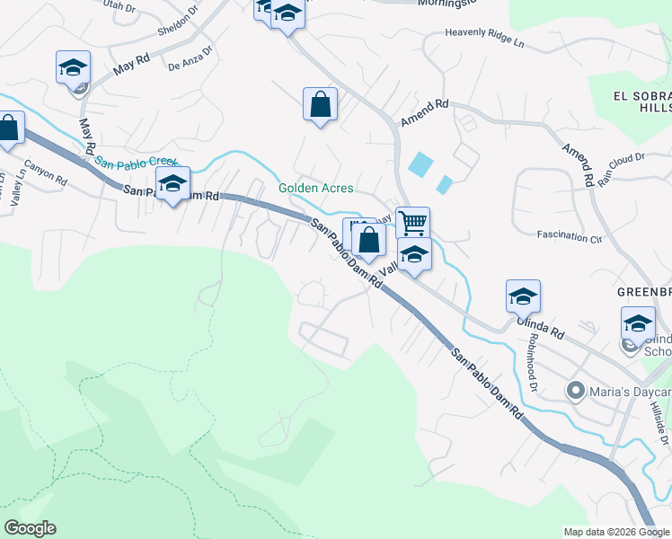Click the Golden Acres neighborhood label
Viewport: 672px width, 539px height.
coord(315,189)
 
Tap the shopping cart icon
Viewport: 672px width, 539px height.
coord(412,221)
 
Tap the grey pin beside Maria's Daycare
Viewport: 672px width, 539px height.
coord(576,391)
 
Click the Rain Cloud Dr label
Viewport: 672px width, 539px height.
coord(622,168)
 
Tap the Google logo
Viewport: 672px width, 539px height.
coord(30,528)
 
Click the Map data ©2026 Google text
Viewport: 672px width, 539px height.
coord(616,532)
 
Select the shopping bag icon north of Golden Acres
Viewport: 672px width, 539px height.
coord(320,104)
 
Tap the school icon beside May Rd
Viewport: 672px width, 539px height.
coord(73,67)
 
